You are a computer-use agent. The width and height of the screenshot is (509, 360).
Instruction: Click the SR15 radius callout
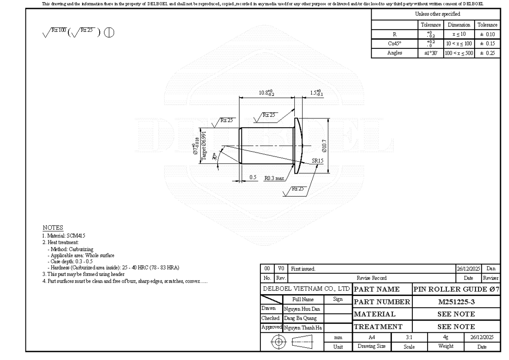pos(317,161)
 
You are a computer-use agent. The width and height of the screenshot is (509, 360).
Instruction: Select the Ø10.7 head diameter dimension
pos(324,146)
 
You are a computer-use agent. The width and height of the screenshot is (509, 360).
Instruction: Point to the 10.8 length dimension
pos(266,93)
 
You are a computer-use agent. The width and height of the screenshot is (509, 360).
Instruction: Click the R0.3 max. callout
pos(274,178)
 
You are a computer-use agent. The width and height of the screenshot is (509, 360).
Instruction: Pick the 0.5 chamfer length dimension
pos(253,177)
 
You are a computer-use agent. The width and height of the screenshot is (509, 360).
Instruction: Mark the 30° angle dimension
pos(215,156)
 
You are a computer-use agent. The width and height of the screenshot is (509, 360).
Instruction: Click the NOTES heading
pos(53,228)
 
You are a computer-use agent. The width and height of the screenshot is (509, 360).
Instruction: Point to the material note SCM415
pos(66,235)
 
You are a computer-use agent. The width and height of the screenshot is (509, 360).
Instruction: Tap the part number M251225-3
pos(456,302)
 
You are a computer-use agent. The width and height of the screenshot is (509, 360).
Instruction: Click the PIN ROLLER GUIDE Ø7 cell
pos(456,290)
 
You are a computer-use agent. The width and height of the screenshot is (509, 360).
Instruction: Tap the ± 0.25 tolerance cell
pos(487,53)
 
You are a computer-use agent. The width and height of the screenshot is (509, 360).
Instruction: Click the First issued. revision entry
pos(303,269)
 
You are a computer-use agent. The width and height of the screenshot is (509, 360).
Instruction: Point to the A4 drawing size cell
pos(372,337)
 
